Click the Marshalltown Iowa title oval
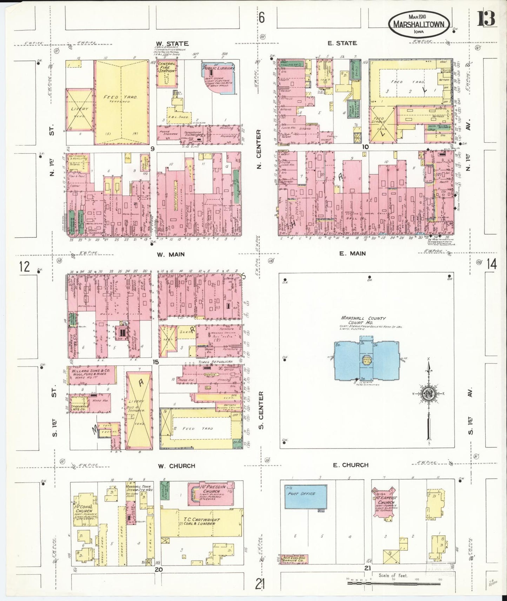pos(419,23)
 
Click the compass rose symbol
pos(429,393)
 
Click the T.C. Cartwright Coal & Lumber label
pos(201,521)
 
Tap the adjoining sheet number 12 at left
pos(25,267)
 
